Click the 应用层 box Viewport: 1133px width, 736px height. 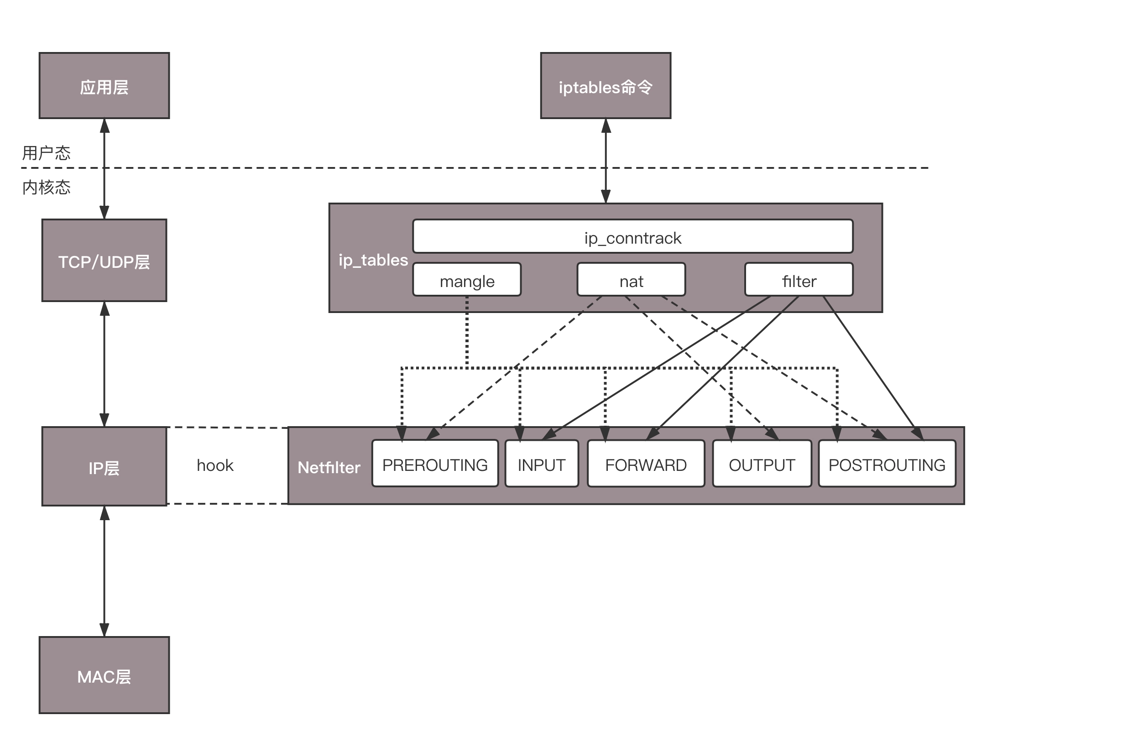(x=104, y=86)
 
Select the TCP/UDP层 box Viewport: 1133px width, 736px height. (x=104, y=261)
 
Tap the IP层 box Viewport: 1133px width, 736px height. (x=104, y=466)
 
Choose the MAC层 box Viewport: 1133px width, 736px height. (x=104, y=675)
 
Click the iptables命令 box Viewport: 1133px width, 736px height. (x=606, y=86)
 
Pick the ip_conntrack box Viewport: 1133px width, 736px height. (x=633, y=237)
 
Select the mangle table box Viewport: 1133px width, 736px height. (x=466, y=280)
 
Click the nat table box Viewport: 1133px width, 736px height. (x=631, y=280)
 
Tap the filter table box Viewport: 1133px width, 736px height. (x=799, y=280)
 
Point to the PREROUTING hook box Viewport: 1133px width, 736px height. (x=435, y=464)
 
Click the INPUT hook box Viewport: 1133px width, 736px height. (x=542, y=464)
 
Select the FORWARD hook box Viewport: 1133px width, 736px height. (x=646, y=464)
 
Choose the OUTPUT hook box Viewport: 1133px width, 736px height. (x=762, y=464)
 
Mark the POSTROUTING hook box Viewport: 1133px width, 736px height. (x=887, y=464)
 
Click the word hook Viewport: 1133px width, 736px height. (x=215, y=465)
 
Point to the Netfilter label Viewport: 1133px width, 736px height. (x=329, y=468)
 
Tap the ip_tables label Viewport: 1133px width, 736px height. (x=373, y=260)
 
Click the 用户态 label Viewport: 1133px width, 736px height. (x=46, y=153)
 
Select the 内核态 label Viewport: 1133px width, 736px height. (x=46, y=187)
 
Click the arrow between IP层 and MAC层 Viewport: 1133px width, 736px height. (x=104, y=571)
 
